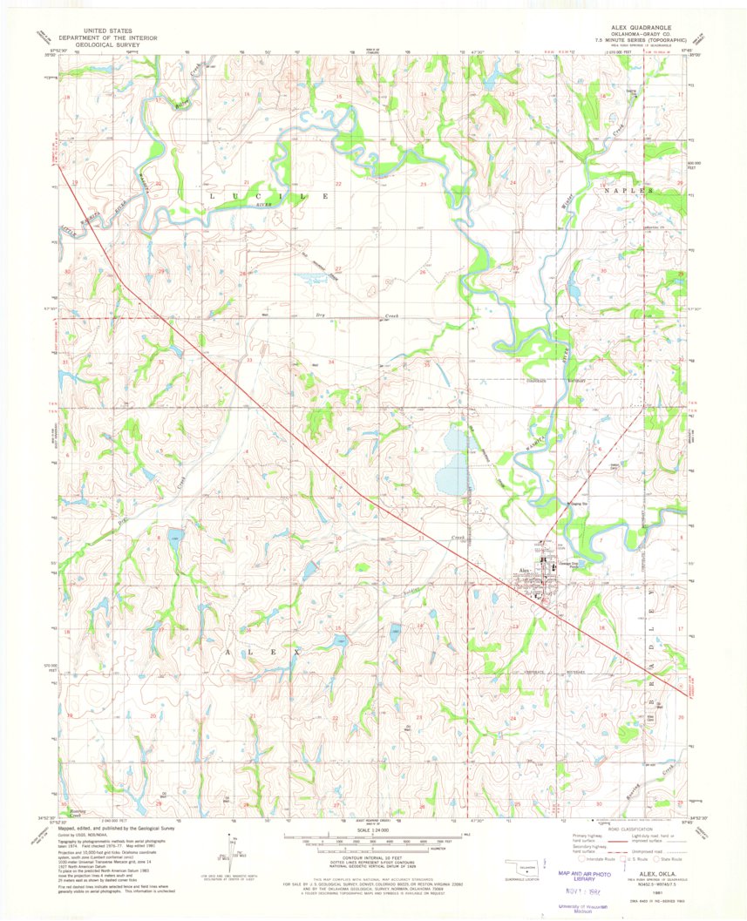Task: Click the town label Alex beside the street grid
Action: [x=525, y=571]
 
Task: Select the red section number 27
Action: [x=337, y=268]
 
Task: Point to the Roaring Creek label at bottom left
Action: [x=67, y=811]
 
